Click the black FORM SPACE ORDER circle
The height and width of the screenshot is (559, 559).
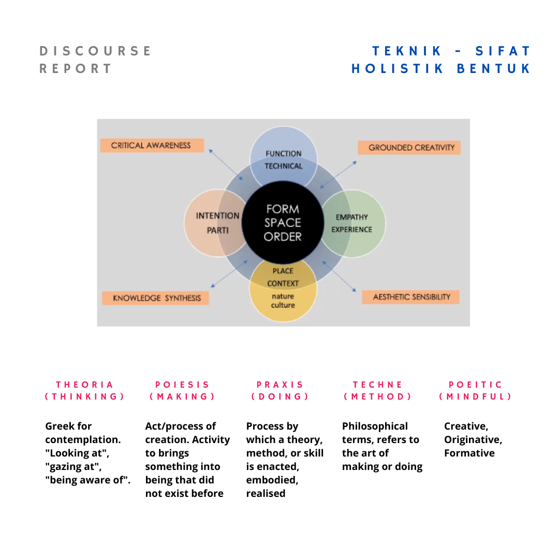point(283,223)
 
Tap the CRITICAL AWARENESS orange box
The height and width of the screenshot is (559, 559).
point(151,145)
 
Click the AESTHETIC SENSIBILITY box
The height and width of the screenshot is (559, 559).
point(411,297)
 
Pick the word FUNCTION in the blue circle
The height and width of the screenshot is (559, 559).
point(283,154)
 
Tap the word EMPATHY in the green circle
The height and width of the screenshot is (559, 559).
point(351,217)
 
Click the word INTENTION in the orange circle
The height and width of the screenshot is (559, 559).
point(217,216)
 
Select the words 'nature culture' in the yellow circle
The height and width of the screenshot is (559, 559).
point(283,301)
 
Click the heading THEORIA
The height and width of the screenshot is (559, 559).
point(85,385)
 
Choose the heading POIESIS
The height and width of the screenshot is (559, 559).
point(183,385)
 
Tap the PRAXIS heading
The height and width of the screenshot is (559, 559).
point(281,385)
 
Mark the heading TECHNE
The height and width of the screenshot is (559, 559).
point(378,385)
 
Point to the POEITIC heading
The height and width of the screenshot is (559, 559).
point(476,385)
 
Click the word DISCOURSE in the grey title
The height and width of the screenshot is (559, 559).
point(96,51)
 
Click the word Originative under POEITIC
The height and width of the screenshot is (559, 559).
point(473,439)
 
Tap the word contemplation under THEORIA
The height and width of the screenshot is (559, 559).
point(83,439)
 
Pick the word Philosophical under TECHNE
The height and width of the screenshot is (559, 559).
point(375,426)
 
